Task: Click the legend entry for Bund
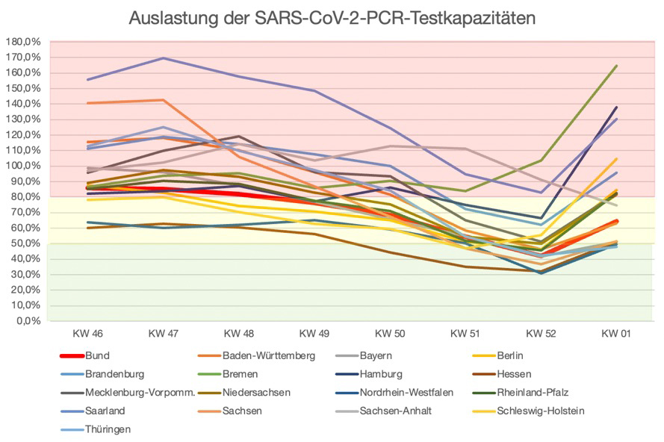click(97, 356)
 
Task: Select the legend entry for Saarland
click(105, 411)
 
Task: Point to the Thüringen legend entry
click(107, 429)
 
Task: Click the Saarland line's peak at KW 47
click(162, 58)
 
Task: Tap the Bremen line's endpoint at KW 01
click(616, 66)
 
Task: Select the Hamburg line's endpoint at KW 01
click(616, 107)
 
